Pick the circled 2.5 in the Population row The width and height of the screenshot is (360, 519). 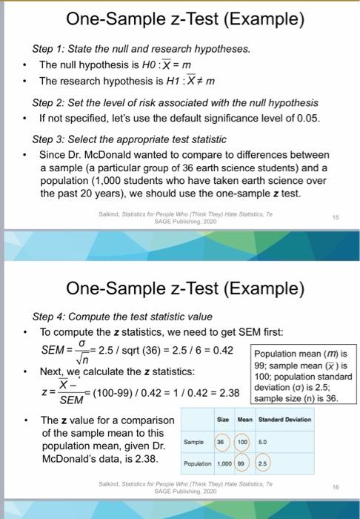pos(263,463)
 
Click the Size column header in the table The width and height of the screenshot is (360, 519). pos(221,420)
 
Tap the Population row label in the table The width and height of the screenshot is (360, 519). pos(196,463)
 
